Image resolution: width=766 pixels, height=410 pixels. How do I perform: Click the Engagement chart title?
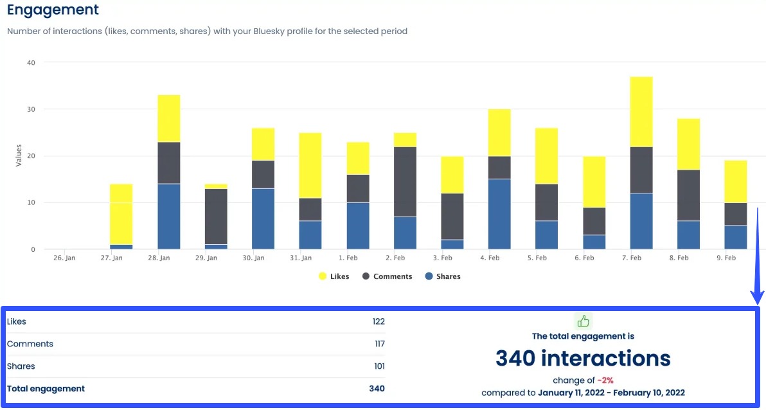tap(53, 10)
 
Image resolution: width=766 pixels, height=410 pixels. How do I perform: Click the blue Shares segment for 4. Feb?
tap(499, 214)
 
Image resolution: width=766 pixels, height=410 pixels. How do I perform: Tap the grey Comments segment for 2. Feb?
tap(405, 182)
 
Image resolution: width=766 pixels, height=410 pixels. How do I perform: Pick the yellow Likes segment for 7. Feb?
tap(641, 112)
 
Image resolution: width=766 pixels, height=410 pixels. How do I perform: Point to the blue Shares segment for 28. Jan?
tap(168, 217)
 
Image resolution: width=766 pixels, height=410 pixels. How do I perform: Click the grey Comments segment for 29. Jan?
tap(216, 217)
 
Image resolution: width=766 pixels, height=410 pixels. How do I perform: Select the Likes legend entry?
tap(334, 276)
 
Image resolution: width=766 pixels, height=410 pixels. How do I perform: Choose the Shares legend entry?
tap(443, 276)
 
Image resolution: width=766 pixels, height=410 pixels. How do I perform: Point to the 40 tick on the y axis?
tap(31, 62)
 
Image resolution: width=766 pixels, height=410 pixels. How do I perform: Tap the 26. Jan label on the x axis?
tap(64, 258)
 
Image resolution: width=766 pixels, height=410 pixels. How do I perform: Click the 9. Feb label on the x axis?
tap(726, 258)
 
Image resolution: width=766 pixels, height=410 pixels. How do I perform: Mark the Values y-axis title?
tap(18, 156)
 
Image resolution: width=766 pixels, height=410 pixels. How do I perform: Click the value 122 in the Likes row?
tap(379, 321)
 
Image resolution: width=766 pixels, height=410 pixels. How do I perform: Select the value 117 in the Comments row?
tap(379, 344)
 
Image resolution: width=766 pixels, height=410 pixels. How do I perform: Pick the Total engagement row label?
tap(46, 388)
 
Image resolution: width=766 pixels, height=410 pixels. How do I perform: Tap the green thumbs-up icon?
tap(583, 321)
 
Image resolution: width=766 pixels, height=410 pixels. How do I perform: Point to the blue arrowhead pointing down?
tap(758, 298)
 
